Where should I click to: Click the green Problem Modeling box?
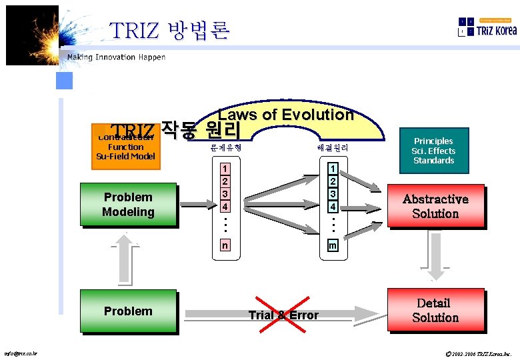(128, 205)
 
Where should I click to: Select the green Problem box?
(128, 311)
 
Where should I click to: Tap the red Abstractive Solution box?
(435, 206)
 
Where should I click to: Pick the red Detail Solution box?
(435, 311)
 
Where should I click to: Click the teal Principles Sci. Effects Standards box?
(433, 151)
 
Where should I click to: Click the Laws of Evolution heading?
(286, 115)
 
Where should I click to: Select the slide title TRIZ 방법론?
(170, 30)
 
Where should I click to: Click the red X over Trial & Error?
(283, 313)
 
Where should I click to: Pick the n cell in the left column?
(225, 246)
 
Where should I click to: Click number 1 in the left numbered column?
(225, 169)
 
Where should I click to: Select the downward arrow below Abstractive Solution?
(435, 257)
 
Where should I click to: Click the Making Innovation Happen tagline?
(116, 57)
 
